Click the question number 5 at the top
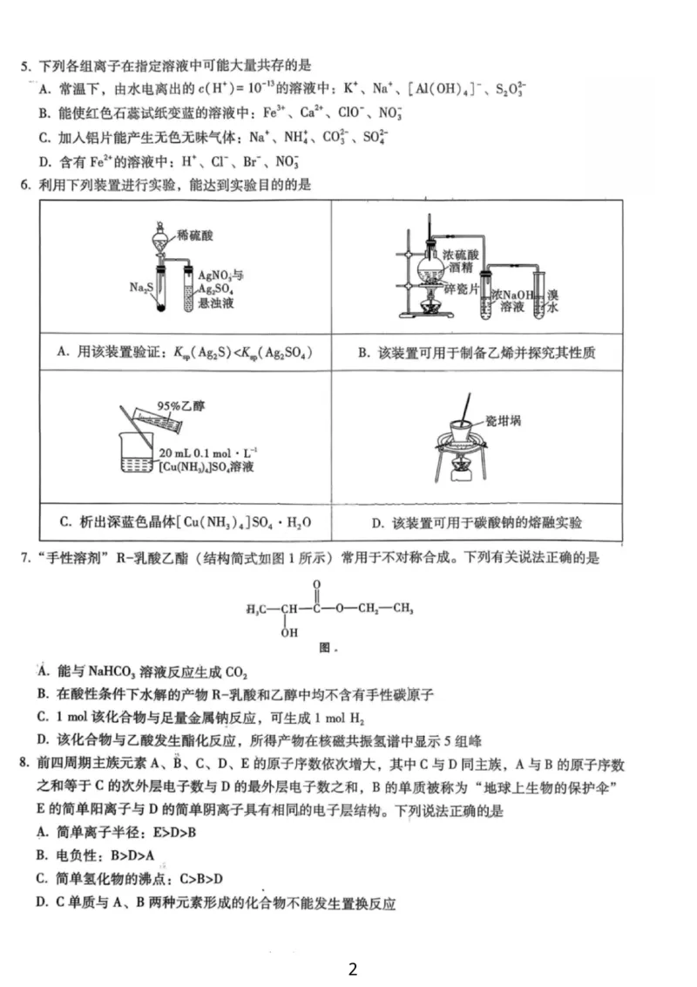tap(24, 65)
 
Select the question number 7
tap(24, 556)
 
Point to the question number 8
tap(24, 764)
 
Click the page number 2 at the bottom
tap(352, 969)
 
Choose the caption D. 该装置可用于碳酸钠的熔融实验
tap(476, 523)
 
